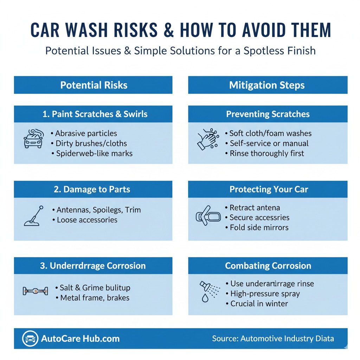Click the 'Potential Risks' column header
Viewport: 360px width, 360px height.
[94, 85]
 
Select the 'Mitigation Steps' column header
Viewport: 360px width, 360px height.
[267, 85]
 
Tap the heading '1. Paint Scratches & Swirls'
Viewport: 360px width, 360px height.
[93, 114]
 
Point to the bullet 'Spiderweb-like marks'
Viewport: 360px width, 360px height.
[94, 153]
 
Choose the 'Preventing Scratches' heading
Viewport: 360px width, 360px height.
[268, 114]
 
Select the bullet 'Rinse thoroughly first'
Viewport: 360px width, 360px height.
[267, 153]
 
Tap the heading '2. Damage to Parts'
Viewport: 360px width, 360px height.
[92, 189]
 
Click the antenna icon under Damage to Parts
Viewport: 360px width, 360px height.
[34, 215]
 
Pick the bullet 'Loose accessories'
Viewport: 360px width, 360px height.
[87, 220]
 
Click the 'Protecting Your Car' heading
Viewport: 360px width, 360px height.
[269, 189]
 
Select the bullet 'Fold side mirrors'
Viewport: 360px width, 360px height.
[259, 227]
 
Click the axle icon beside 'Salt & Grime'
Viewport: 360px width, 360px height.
[35, 291]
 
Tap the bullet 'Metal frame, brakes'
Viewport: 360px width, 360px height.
[95, 298]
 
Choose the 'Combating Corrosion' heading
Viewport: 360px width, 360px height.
[268, 266]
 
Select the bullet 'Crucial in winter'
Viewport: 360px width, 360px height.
[259, 303]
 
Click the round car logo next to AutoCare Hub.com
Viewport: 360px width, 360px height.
[30, 339]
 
